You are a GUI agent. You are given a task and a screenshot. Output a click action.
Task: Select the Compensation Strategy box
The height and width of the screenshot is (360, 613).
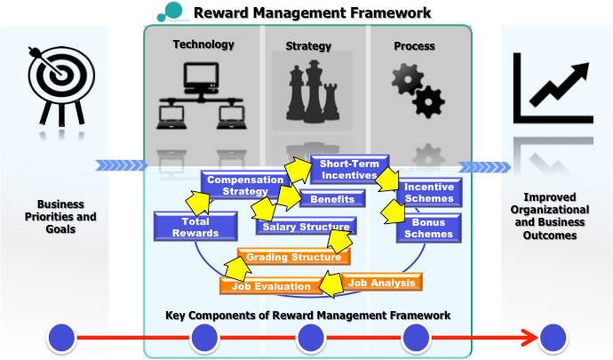tap(237, 186)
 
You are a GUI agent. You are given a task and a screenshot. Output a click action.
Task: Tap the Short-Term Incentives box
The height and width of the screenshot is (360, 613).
tap(349, 170)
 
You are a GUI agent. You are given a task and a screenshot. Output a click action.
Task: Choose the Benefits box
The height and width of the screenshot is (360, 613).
tap(333, 199)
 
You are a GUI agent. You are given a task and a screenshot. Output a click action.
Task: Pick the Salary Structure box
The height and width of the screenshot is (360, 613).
tap(305, 228)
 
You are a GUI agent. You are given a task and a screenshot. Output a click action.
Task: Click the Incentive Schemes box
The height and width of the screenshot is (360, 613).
tap(428, 193)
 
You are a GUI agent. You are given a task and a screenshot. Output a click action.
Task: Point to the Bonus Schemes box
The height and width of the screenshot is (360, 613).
tap(428, 228)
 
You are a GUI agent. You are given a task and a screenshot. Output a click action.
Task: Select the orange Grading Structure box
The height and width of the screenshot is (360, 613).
tap(293, 257)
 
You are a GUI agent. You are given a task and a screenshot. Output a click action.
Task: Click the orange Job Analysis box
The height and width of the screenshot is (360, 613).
tap(382, 283)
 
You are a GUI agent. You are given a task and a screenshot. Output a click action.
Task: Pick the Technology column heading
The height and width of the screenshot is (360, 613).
tap(203, 44)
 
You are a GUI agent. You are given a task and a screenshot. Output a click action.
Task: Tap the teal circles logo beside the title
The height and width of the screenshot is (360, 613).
tap(168, 12)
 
